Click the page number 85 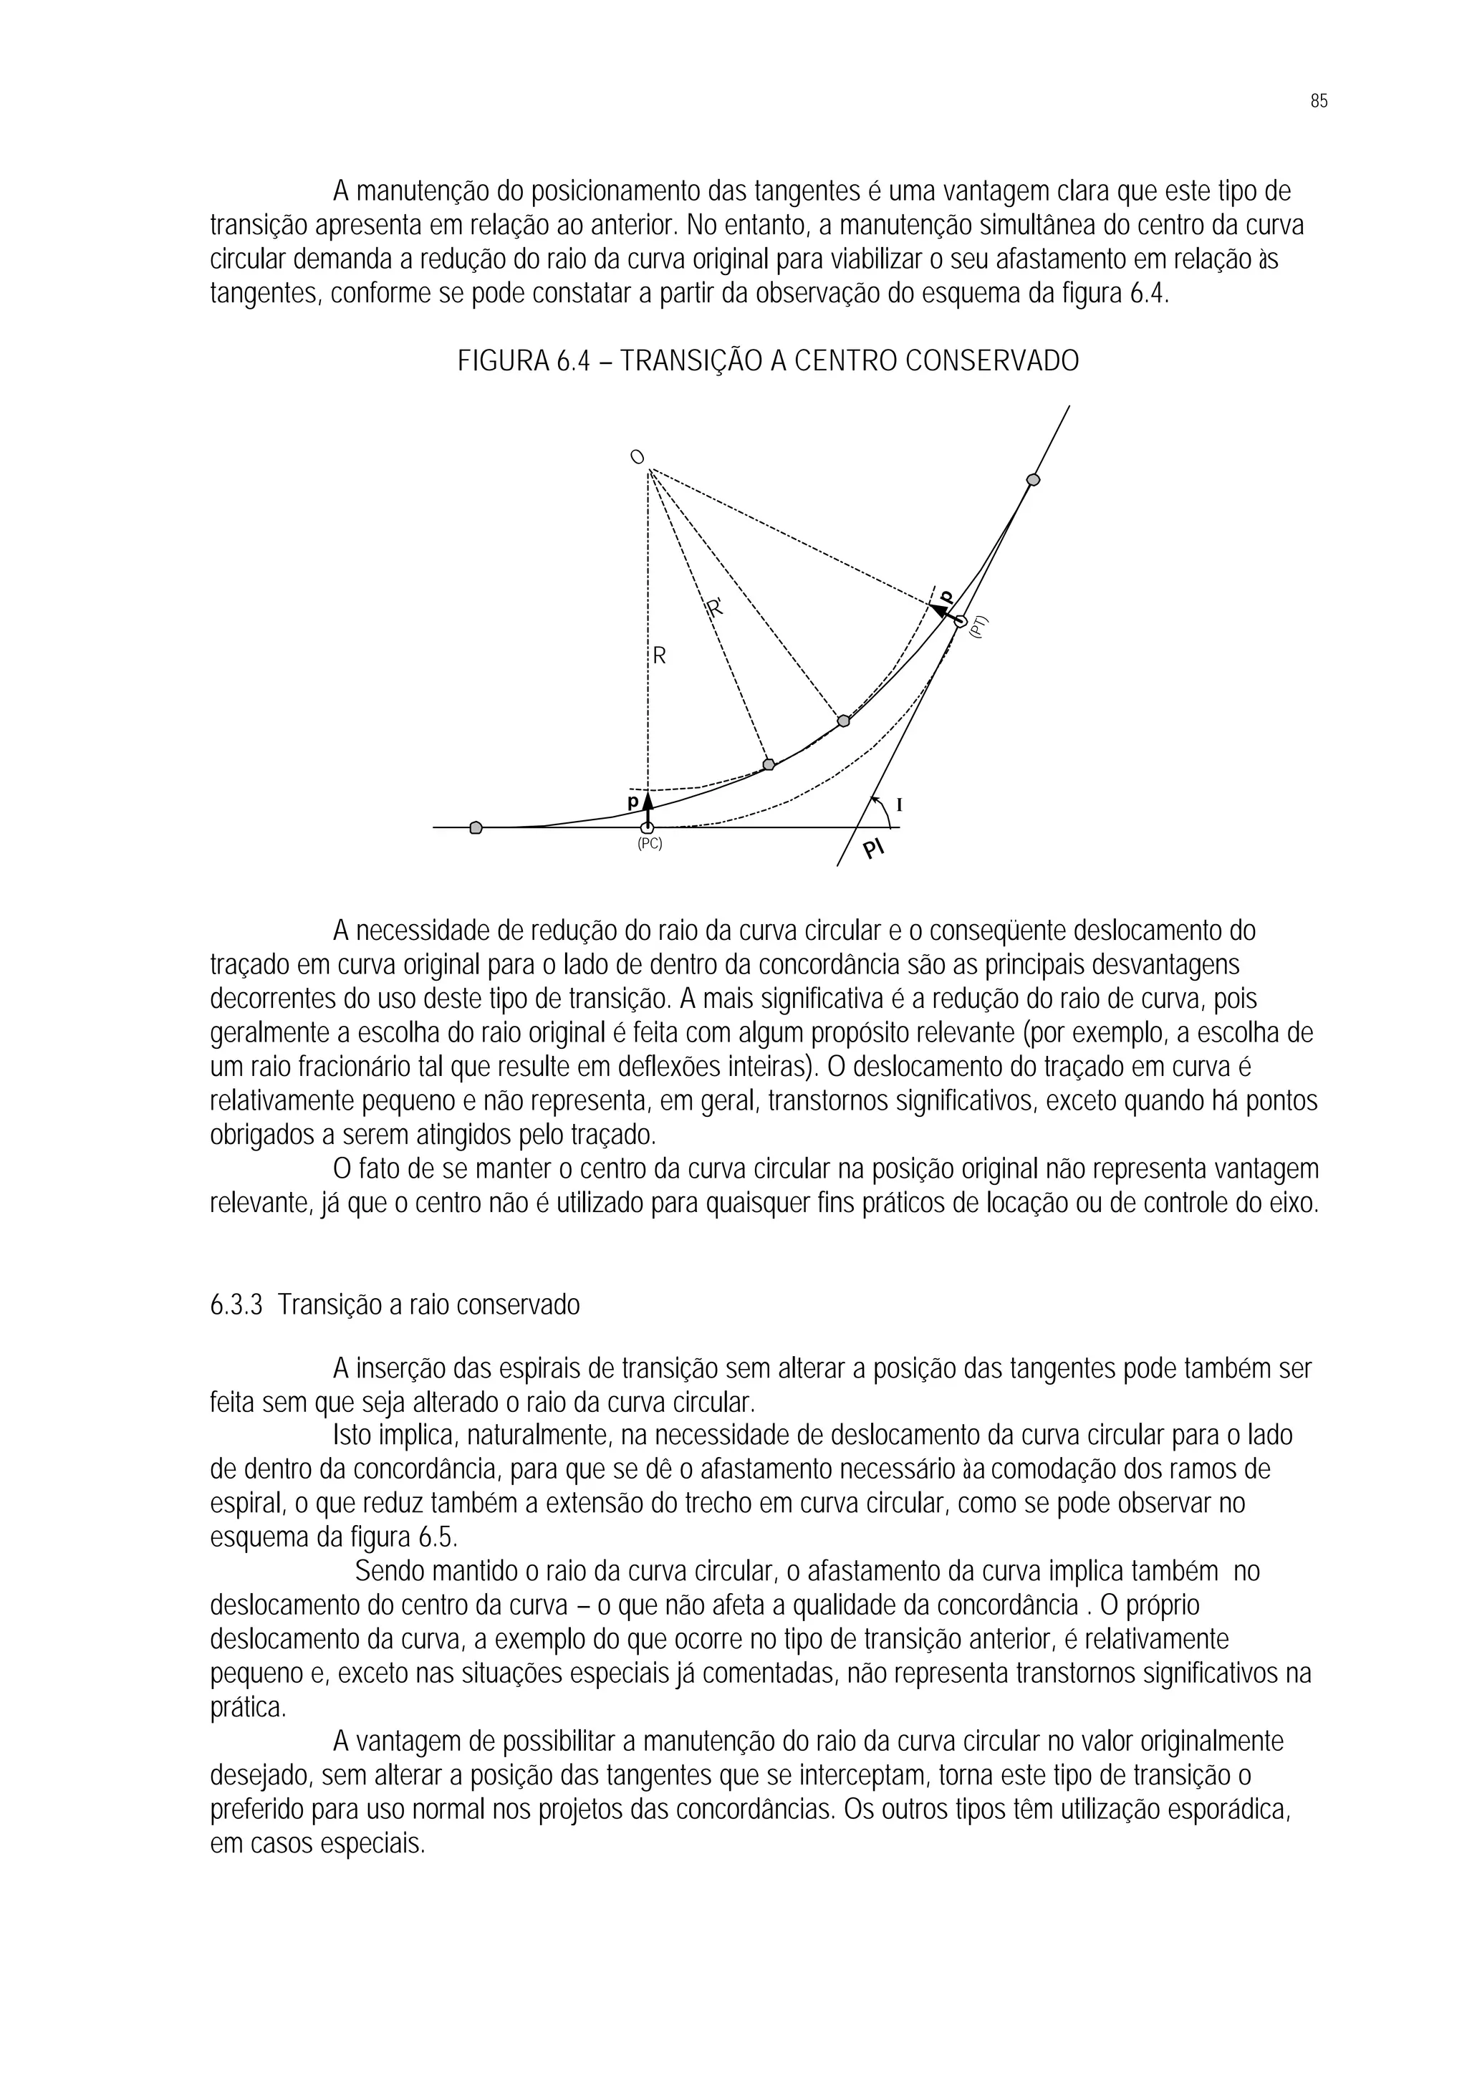(1318, 101)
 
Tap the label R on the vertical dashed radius (659, 656)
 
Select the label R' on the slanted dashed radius (715, 608)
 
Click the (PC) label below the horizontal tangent (649, 844)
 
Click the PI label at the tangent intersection (874, 849)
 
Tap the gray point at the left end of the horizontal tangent (476, 827)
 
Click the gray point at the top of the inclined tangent (1033, 480)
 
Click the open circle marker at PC (647, 827)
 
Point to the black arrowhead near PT (941, 611)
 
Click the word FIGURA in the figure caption (503, 362)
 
